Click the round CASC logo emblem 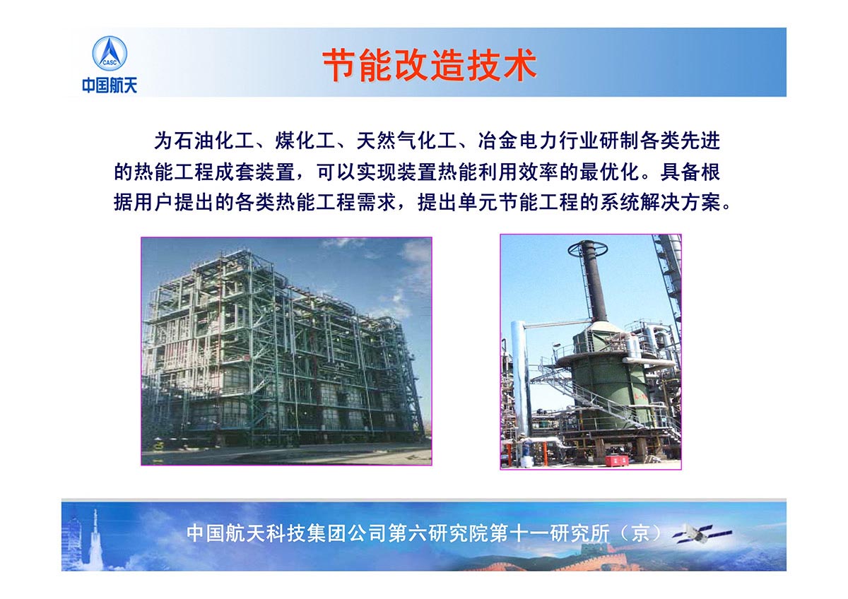point(110,54)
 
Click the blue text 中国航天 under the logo point(110,85)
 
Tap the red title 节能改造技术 point(430,65)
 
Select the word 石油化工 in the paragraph point(214,141)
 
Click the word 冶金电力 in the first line point(518,141)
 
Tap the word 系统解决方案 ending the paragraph point(660,203)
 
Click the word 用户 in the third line point(154,203)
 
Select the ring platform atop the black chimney point(587,249)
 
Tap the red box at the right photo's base point(617,460)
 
